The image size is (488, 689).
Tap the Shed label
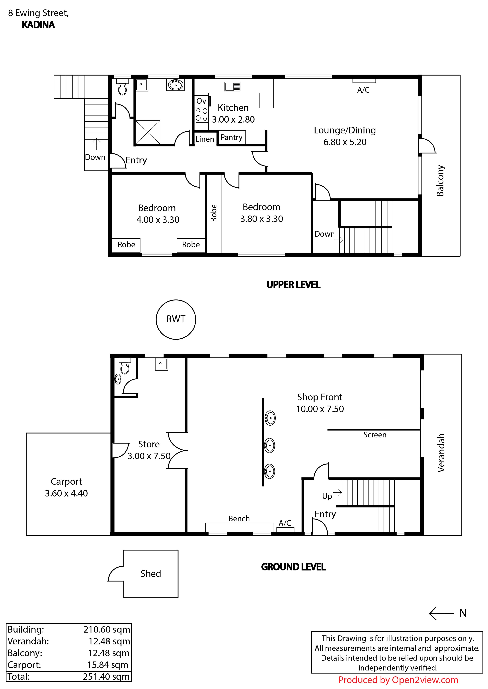click(151, 573)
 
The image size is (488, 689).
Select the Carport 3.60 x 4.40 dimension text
click(66, 493)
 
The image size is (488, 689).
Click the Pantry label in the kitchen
click(231, 137)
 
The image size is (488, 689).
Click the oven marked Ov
click(201, 101)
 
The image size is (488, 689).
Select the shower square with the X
click(148, 132)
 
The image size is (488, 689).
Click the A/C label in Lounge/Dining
click(363, 90)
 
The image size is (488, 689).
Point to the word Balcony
click(440, 181)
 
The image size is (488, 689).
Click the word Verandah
click(441, 453)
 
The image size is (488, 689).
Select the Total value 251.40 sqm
click(106, 677)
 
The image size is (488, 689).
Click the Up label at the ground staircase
click(327, 496)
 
